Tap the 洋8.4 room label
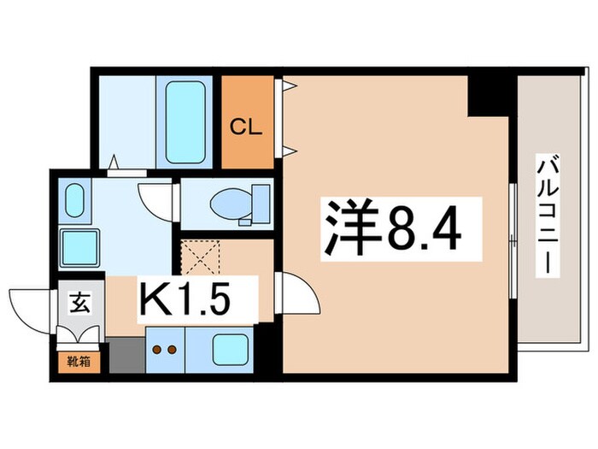[x=390, y=227]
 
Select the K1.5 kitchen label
[x=197, y=301]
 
